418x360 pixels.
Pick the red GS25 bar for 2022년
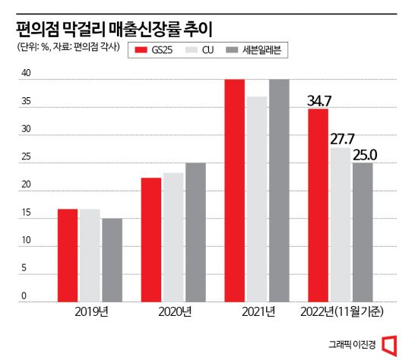tap(318, 205)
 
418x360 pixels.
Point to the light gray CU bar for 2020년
tap(173, 237)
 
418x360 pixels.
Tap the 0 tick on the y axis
tap(25, 296)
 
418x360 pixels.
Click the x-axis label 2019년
tap(90, 311)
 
